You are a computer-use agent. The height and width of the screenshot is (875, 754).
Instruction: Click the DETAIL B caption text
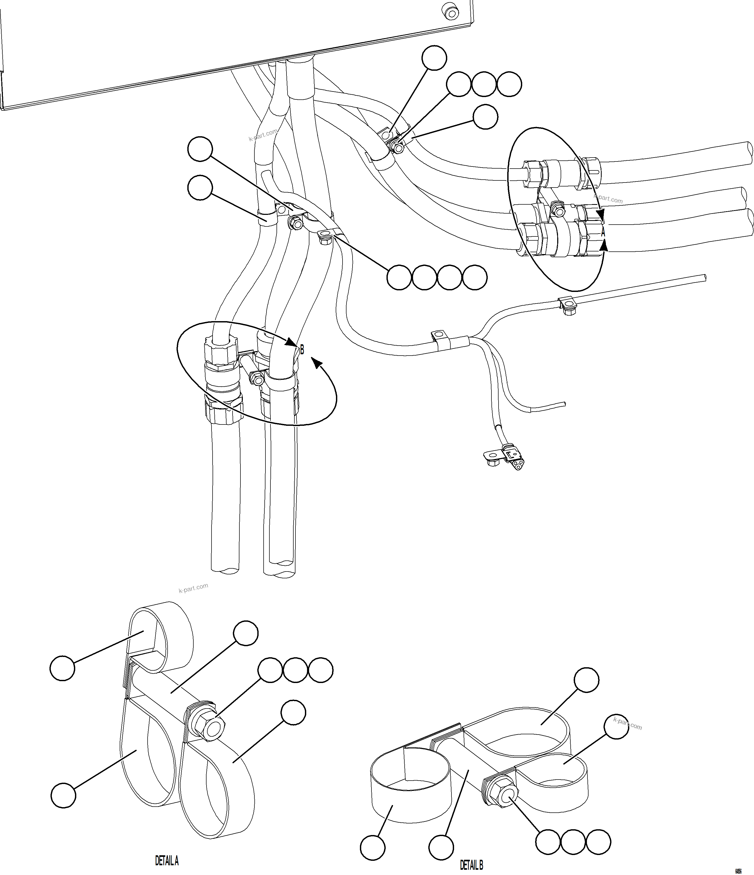(x=471, y=865)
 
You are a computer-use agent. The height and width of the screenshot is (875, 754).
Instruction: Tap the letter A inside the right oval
(x=603, y=232)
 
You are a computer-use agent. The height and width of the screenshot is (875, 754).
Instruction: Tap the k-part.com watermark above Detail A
(x=193, y=588)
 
